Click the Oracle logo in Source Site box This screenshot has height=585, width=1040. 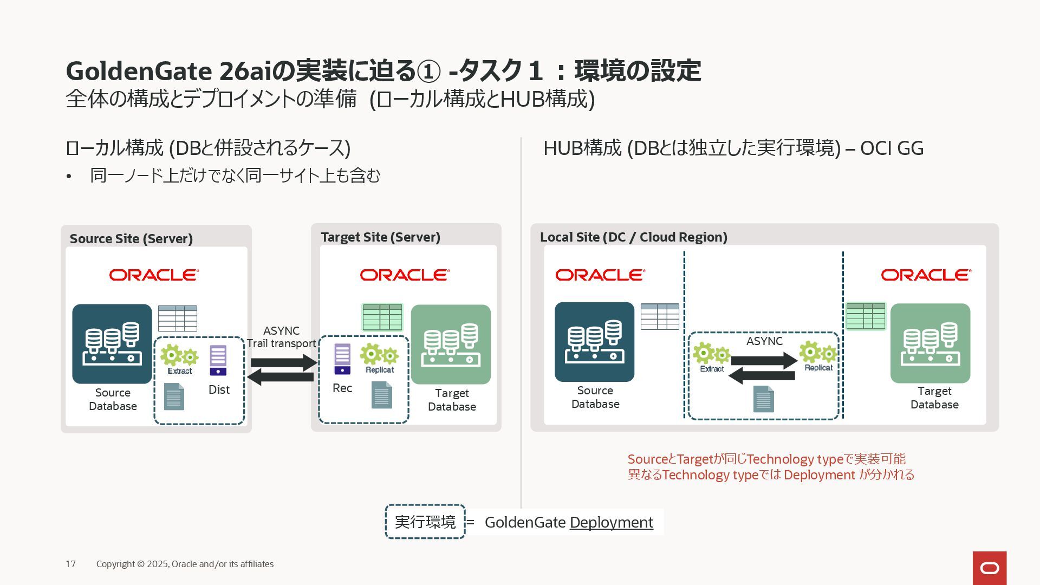[154, 275]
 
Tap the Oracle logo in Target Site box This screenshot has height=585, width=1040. [405, 275]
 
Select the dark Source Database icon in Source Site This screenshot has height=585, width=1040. [112, 343]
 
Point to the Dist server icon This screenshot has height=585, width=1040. [218, 360]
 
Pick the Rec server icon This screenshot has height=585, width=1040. [342, 359]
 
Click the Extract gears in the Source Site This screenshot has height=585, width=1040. [179, 356]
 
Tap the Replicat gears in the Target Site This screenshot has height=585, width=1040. [379, 355]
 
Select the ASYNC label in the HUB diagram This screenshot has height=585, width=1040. [764, 341]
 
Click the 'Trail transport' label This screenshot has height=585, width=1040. [281, 343]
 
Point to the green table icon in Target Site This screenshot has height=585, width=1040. [382, 317]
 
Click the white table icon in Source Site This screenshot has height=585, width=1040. [177, 318]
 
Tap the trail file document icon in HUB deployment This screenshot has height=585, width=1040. [763, 399]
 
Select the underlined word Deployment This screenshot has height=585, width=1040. [611, 522]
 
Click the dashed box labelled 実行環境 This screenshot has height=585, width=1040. [425, 522]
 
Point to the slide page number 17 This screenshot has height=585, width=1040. [70, 564]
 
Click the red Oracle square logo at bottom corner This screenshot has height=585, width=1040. [990, 568]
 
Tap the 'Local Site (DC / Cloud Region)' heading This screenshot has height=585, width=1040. [633, 237]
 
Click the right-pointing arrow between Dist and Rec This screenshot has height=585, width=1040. [284, 362]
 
